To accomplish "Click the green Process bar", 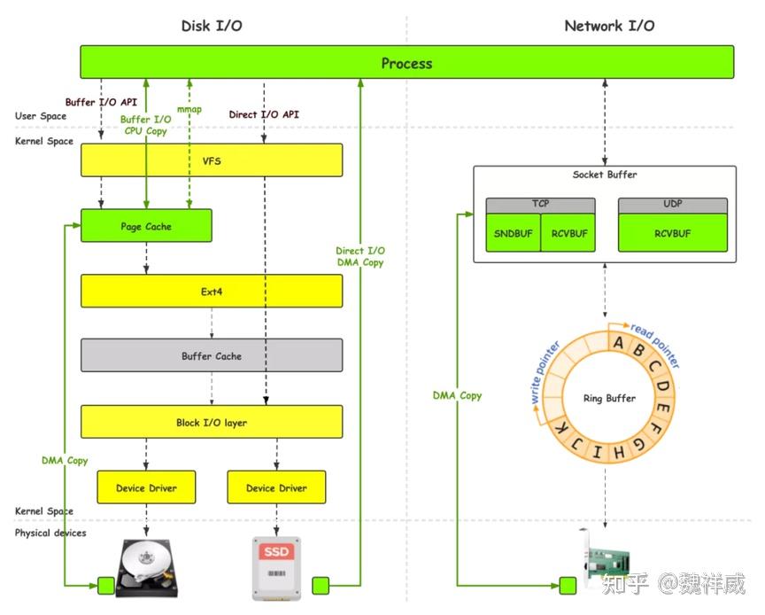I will click(x=406, y=63).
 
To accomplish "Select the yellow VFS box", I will click(x=211, y=160).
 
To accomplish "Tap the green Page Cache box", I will click(x=146, y=226).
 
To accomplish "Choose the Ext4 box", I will click(x=211, y=291).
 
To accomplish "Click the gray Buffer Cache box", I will click(x=211, y=356).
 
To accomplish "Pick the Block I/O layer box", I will click(x=211, y=423).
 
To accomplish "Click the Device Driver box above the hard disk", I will click(x=146, y=487).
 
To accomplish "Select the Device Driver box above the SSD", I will click(x=276, y=487).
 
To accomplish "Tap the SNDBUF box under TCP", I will click(x=513, y=233).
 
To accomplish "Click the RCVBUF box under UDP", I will click(x=672, y=233).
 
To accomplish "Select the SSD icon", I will click(x=276, y=566).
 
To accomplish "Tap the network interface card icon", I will click(x=606, y=560).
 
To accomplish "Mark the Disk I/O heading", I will click(x=212, y=26).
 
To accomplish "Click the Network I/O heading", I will click(x=609, y=26).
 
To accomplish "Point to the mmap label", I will click(x=189, y=110).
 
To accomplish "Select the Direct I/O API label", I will click(x=264, y=114).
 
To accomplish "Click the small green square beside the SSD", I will click(x=321, y=585).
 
